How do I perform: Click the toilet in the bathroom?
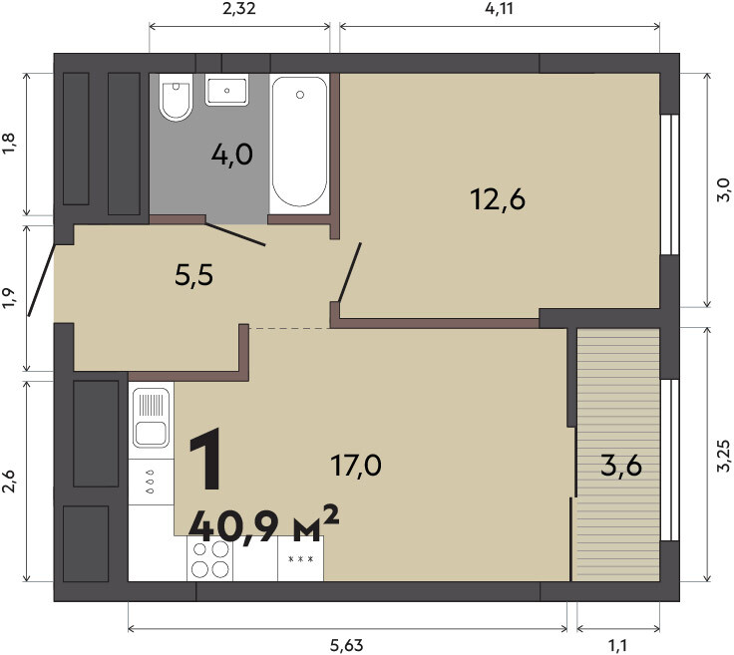click(176, 97)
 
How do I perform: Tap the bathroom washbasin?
click(227, 90)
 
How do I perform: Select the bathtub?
click(299, 142)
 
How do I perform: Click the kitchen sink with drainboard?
click(151, 418)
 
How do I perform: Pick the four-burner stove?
click(209, 558)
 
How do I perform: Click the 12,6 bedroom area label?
click(498, 199)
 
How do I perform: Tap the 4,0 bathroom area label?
click(231, 155)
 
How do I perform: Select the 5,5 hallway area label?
click(193, 275)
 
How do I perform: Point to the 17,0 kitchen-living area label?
click(356, 466)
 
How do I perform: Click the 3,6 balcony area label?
click(620, 466)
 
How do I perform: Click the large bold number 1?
click(206, 459)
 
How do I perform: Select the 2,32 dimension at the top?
click(239, 8)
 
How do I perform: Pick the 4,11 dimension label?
click(499, 8)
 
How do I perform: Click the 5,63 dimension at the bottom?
click(346, 646)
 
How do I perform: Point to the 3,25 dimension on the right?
click(723, 456)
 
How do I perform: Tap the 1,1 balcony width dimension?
click(618, 646)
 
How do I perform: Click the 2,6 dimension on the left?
click(9, 481)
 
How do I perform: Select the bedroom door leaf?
click(350, 272)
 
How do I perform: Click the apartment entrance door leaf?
click(42, 280)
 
